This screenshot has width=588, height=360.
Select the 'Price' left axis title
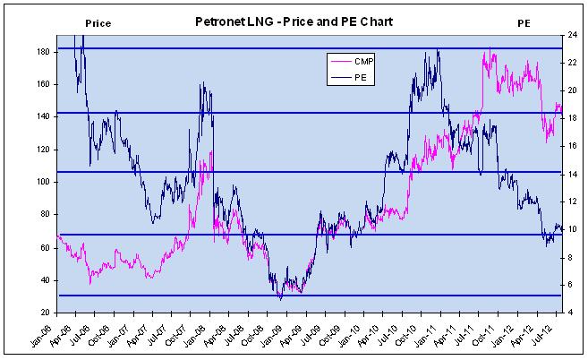tap(98, 21)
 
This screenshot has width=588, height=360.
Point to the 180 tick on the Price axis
tap(42, 52)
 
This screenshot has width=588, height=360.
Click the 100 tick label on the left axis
tap(42, 182)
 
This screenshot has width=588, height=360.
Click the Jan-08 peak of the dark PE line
tap(203, 83)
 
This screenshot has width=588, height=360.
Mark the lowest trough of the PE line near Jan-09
tap(280, 298)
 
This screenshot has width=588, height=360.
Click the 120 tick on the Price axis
tap(42, 150)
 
